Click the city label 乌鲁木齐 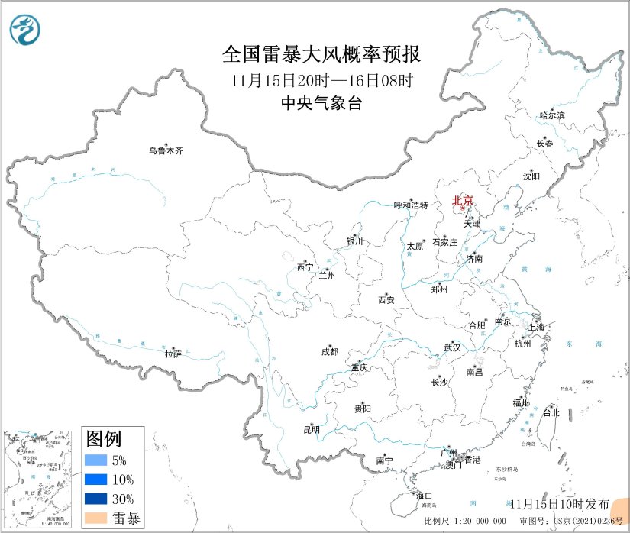[166, 150]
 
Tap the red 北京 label [463, 202]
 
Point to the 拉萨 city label [173, 354]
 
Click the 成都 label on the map [330, 353]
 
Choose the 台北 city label [551, 412]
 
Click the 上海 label [538, 328]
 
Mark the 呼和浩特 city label [412, 205]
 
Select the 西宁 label [305, 267]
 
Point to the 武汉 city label [452, 348]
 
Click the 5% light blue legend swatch [97, 460]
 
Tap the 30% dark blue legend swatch [97, 499]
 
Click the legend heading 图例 [103, 439]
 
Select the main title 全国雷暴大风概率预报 [321, 54]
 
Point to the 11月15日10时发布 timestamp [559, 503]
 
